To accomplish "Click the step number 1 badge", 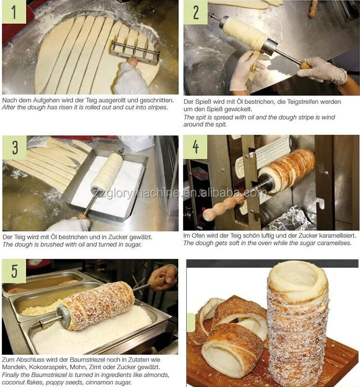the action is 14,11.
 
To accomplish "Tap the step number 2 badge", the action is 196,12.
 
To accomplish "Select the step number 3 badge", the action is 14,147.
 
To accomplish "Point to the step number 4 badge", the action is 195,147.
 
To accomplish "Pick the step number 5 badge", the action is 14,271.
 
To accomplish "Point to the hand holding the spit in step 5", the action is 162,278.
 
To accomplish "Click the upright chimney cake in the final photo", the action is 298,321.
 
